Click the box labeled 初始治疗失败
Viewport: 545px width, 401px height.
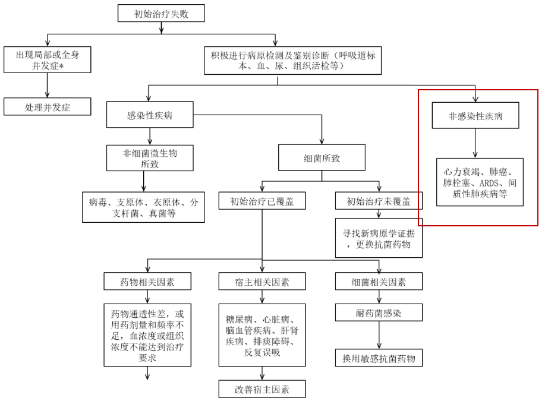pos(161,13)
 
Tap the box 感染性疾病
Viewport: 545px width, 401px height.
pos(150,115)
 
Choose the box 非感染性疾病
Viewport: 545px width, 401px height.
pos(475,116)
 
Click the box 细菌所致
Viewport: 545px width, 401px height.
pos(322,159)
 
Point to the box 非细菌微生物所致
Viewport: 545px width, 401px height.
pos(150,159)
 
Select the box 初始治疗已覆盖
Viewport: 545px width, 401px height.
pos(262,201)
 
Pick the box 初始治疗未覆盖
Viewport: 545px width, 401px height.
pos(379,201)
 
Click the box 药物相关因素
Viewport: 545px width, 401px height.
pos(147,281)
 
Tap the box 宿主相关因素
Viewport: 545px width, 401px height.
pos(262,281)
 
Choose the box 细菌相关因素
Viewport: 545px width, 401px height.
pos(379,281)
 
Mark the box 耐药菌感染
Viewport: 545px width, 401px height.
pos(379,311)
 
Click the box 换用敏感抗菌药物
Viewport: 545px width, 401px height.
pos(379,358)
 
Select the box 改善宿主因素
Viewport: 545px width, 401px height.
pos(262,389)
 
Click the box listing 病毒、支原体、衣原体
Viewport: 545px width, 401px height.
pos(143,207)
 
